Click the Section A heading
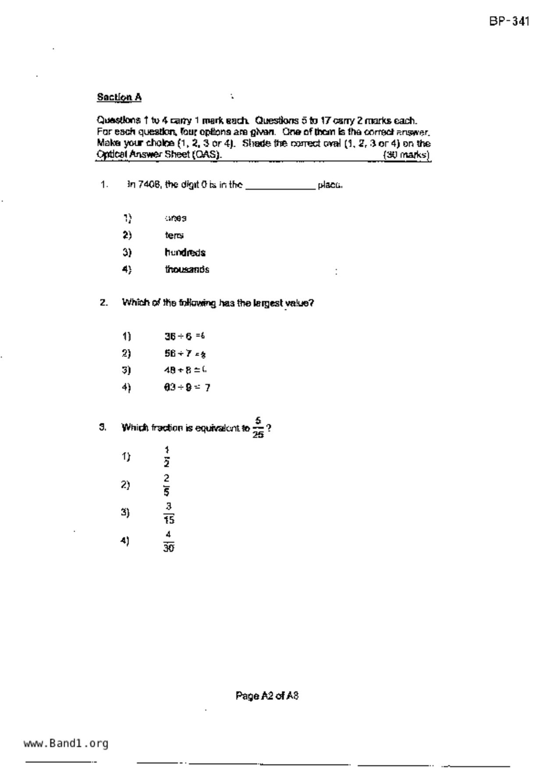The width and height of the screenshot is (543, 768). [119, 97]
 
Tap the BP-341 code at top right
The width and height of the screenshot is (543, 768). [509, 21]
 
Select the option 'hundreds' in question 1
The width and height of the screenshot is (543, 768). [185, 253]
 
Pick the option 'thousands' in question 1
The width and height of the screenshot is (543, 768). [187, 270]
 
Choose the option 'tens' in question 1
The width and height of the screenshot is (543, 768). [174, 236]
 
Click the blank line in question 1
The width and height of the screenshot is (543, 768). [280, 186]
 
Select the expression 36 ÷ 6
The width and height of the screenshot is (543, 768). [178, 336]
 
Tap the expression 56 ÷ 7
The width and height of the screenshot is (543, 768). [178, 353]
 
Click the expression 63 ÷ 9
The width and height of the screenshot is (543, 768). [178, 388]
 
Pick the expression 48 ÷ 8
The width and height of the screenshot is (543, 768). [178, 370]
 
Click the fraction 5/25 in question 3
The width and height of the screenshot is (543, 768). [258, 427]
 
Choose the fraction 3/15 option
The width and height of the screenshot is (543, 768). [169, 513]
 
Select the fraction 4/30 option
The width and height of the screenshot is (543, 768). [169, 541]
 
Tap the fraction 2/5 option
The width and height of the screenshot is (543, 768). [167, 485]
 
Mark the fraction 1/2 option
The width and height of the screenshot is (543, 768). [167, 457]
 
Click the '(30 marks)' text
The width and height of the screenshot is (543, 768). [406, 155]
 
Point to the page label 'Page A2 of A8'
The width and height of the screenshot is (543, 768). [267, 696]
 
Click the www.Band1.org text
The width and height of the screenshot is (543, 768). [66, 743]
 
